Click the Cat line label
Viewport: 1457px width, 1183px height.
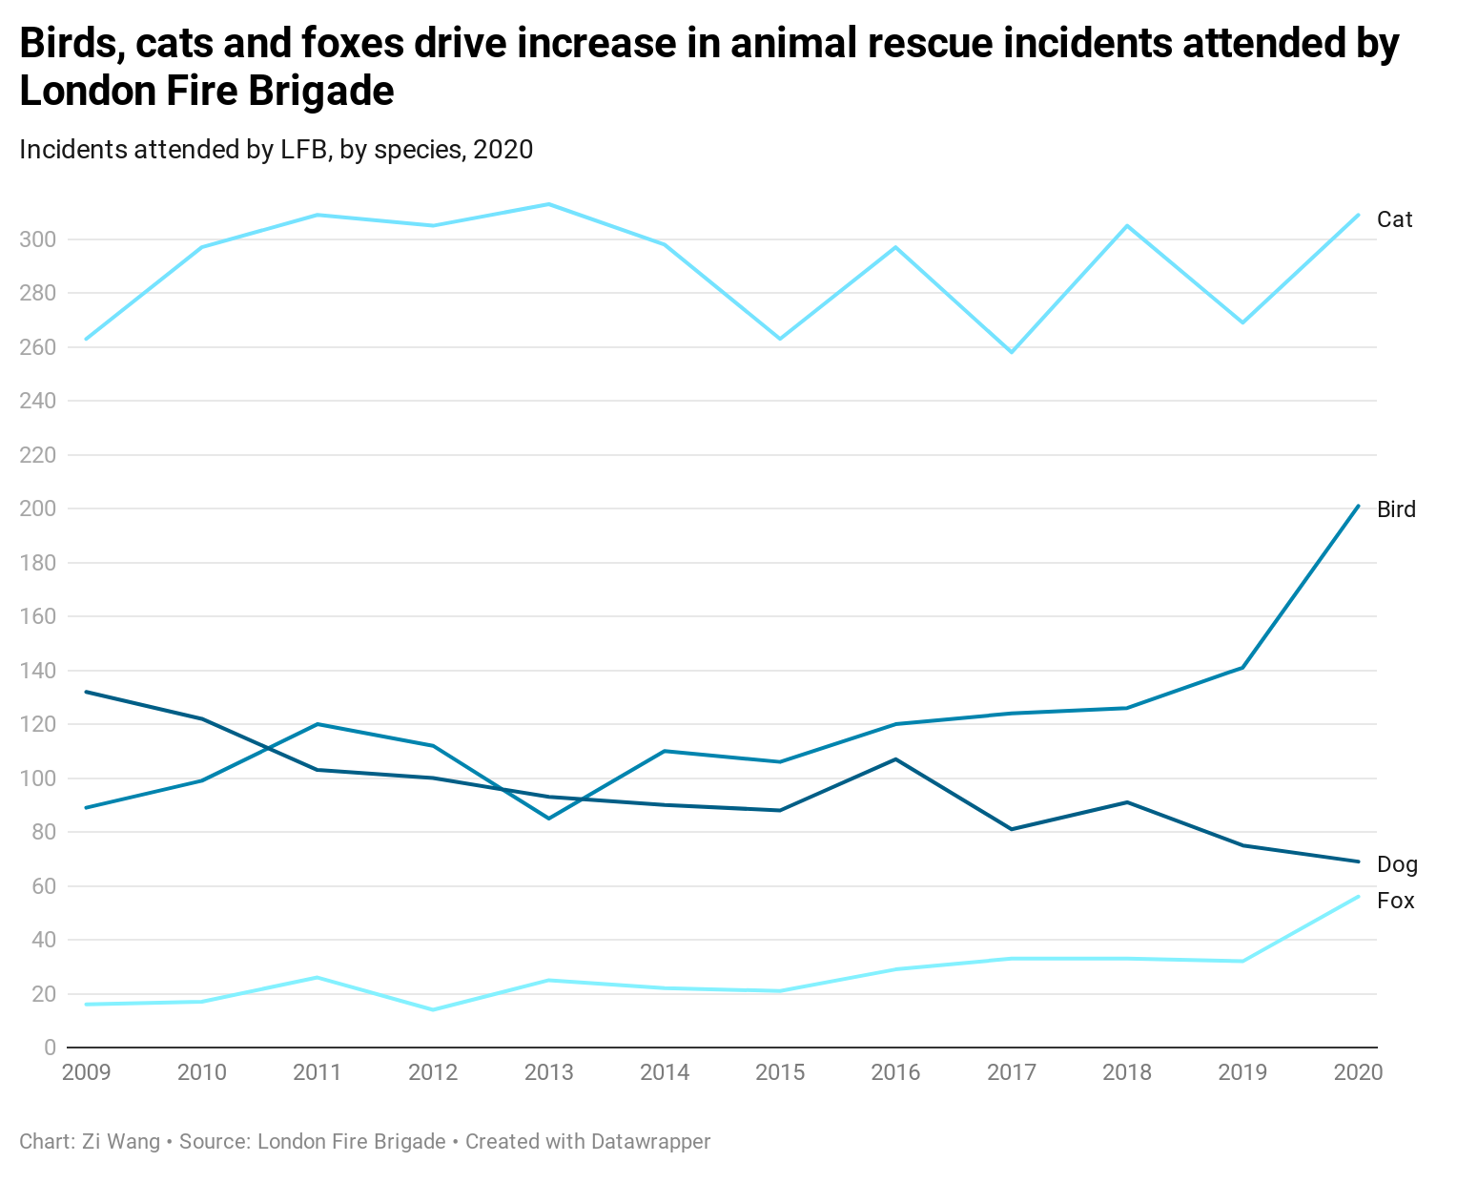click(x=1394, y=219)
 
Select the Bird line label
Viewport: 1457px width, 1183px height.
click(x=1396, y=509)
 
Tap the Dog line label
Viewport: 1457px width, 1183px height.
click(x=1397, y=864)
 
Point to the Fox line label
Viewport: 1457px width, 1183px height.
click(x=1395, y=901)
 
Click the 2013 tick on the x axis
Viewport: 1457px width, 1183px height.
click(x=549, y=1072)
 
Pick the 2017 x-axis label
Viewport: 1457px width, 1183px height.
click(x=1012, y=1072)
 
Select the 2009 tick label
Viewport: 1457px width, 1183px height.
click(x=87, y=1072)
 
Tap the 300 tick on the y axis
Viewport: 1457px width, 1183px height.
click(x=37, y=239)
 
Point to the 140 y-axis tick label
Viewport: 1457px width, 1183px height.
click(x=37, y=671)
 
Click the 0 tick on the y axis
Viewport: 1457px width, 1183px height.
click(x=50, y=1048)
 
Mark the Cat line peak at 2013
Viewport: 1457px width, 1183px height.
click(x=549, y=204)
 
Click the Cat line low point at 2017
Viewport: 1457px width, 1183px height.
click(x=1012, y=352)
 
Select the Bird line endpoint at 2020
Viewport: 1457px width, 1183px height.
click(x=1358, y=506)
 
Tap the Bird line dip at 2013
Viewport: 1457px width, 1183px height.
click(x=549, y=819)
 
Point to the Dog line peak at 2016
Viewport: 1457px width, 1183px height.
click(x=896, y=759)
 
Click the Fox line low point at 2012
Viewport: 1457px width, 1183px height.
click(x=433, y=1009)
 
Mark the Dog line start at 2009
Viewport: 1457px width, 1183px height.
click(x=87, y=692)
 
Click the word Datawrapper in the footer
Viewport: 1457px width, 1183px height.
click(x=650, y=1142)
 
